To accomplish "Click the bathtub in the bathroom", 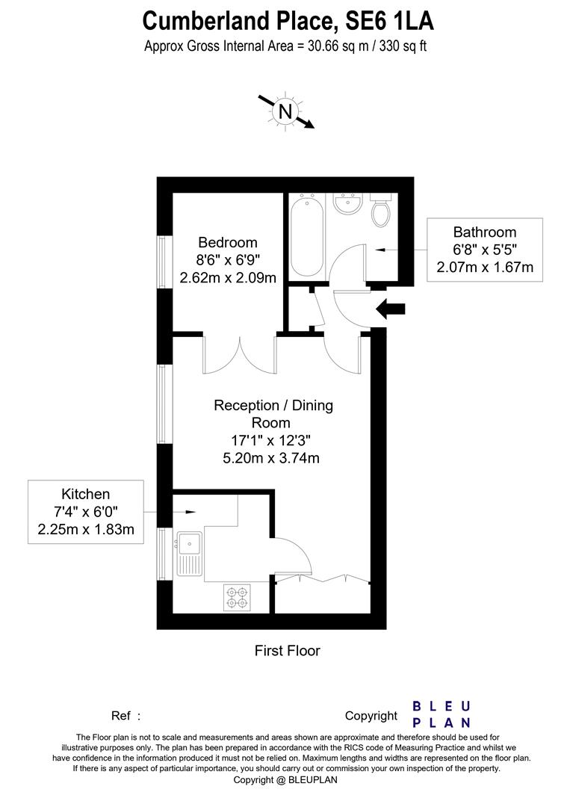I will (x=306, y=235).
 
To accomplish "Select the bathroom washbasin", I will (x=347, y=203).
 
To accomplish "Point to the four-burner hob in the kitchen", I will (x=237, y=596).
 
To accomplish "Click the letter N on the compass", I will (x=285, y=112).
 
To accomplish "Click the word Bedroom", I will (x=228, y=243).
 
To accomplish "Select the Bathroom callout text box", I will (x=485, y=250).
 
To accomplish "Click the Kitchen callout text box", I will (x=86, y=512).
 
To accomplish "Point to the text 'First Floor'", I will (x=287, y=651).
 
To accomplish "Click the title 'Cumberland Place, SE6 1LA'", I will (x=288, y=19).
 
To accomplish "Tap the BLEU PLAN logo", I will (x=442, y=714).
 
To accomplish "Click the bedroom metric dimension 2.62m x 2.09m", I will (x=228, y=278).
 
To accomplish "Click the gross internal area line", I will (x=285, y=46).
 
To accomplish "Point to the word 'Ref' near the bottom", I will (x=121, y=716).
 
